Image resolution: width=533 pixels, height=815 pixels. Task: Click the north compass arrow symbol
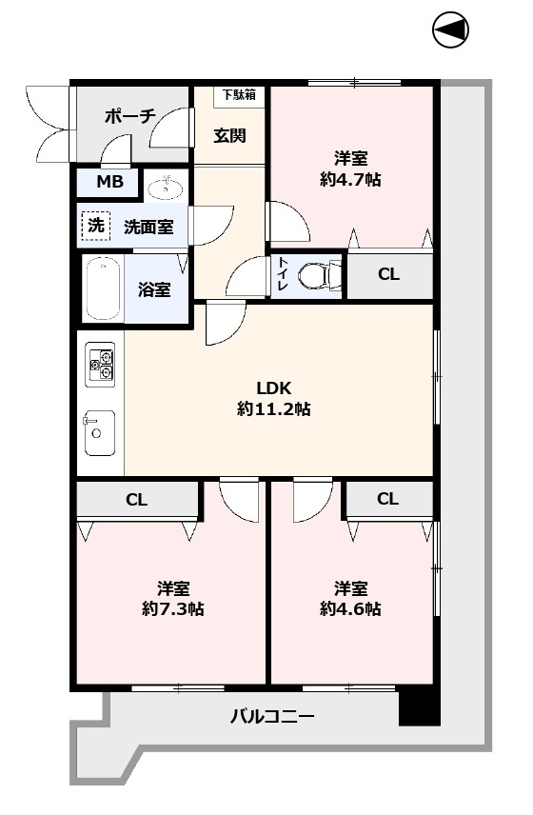(451, 30)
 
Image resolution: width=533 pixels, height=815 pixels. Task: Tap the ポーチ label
(130, 115)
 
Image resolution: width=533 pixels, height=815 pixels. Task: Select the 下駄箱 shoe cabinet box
(239, 94)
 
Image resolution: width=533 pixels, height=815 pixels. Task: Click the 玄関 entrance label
(229, 135)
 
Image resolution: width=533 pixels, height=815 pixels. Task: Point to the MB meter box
(107, 181)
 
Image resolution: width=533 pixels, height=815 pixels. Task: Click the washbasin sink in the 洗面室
(168, 186)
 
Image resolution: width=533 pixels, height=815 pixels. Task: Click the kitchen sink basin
(98, 434)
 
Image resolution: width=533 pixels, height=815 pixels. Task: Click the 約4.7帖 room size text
(350, 179)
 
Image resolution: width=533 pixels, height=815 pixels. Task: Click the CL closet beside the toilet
(388, 275)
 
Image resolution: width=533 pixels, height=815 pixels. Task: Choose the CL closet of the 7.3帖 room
(136, 498)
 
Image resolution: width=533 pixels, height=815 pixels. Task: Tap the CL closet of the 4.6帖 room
(387, 498)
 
